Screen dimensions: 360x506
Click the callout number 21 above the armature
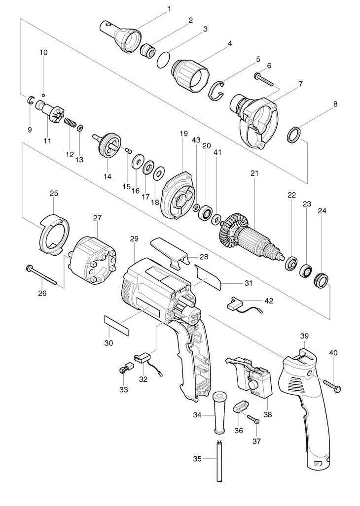pyautogui.click(x=254, y=173)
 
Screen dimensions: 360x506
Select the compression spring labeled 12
pyautogui.click(x=71, y=123)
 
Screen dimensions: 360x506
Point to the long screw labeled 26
pyautogui.click(x=42, y=274)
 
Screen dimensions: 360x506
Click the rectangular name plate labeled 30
pyautogui.click(x=116, y=325)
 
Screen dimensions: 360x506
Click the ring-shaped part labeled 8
pyautogui.click(x=294, y=135)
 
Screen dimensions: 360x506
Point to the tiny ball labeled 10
pyautogui.click(x=43, y=95)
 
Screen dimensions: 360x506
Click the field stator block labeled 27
pyautogui.click(x=93, y=261)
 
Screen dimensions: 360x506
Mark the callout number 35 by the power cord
pyautogui.click(x=198, y=459)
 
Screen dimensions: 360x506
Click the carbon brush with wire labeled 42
pyautogui.click(x=245, y=306)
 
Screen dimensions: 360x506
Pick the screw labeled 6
pyautogui.click(x=263, y=80)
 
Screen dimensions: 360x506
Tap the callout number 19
pyautogui.click(x=183, y=133)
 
